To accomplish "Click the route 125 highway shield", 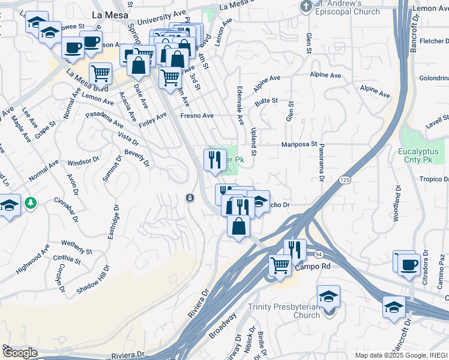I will (x=344, y=179).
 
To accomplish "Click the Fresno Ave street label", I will (x=197, y=115).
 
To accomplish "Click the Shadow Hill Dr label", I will (x=93, y=280).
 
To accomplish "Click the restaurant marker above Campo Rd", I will (x=295, y=249).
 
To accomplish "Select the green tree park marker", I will (x=30, y=204).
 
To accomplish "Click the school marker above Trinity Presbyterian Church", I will (x=328, y=296).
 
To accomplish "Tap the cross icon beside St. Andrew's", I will (x=306, y=7).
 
